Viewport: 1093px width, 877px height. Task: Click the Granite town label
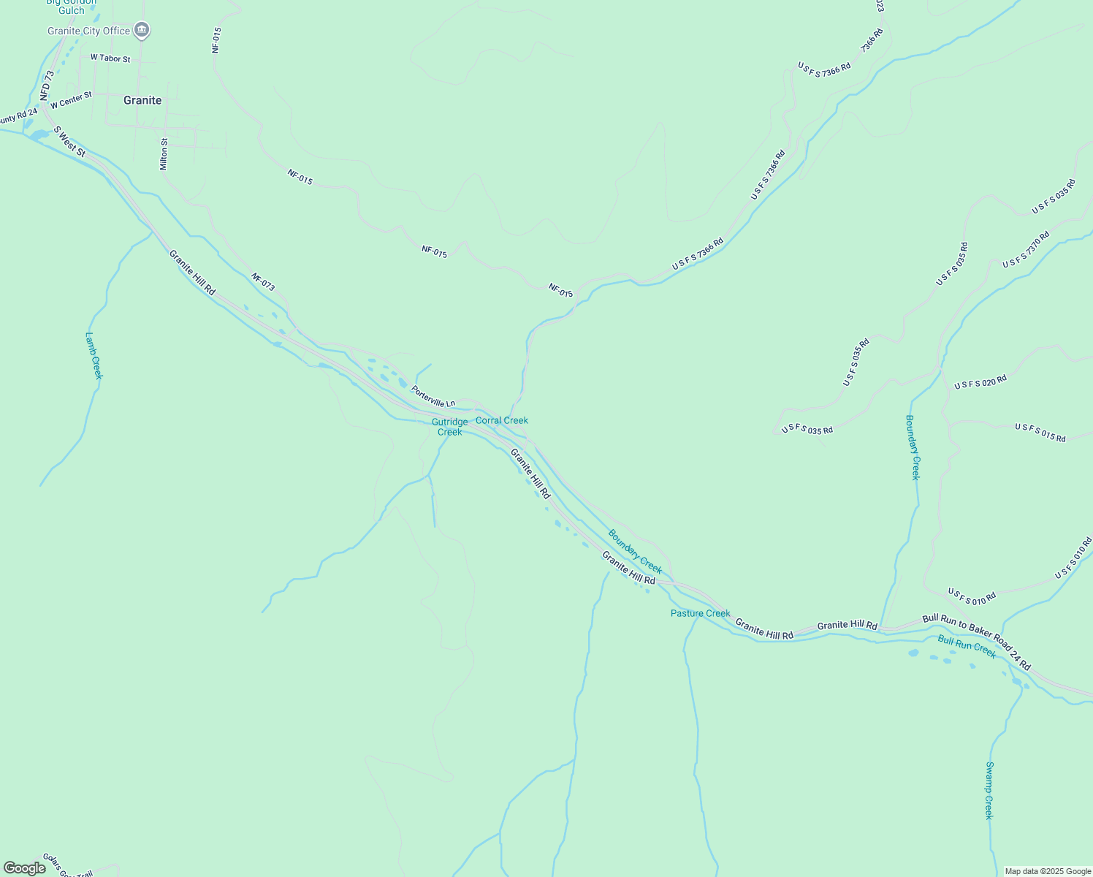point(142,100)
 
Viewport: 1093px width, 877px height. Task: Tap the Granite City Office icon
point(142,31)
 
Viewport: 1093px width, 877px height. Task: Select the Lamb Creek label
point(94,356)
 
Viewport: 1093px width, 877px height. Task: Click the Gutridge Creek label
point(449,427)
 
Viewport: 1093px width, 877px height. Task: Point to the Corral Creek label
point(502,420)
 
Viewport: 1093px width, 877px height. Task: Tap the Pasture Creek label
point(700,613)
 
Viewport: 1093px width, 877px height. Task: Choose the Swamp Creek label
point(989,790)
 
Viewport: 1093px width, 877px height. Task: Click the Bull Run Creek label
point(967,646)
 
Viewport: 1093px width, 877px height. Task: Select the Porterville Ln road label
point(433,397)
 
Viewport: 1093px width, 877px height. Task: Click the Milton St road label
point(164,154)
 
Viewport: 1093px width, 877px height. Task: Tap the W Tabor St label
point(110,58)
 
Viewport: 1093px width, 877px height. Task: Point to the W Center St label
point(71,100)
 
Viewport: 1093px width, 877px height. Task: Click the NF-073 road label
point(263,282)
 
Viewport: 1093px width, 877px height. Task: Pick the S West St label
point(70,142)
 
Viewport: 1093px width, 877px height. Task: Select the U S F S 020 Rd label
point(980,381)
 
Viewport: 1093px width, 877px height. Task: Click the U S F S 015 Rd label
point(1040,433)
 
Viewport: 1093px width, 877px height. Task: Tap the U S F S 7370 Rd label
point(1026,249)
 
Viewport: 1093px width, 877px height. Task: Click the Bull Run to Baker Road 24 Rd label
point(976,642)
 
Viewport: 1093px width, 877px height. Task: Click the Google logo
point(24,868)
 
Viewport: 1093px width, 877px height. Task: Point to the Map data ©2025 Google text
point(1048,871)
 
